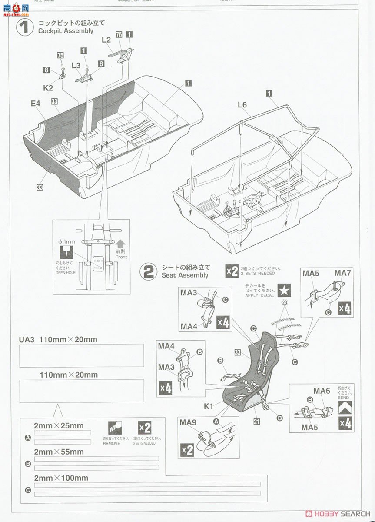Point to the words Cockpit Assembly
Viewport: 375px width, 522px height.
(66, 31)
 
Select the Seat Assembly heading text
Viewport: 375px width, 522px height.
(185, 275)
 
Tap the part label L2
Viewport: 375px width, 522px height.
(106, 40)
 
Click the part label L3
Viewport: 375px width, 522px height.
(76, 65)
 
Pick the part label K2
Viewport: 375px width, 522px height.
(48, 87)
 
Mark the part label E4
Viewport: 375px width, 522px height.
(35, 104)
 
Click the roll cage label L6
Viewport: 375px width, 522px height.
(242, 105)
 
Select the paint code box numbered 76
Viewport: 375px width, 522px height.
(119, 35)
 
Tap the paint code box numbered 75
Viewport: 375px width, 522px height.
(60, 55)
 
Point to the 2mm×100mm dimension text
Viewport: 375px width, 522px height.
(61, 478)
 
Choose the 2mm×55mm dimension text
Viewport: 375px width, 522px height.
(59, 452)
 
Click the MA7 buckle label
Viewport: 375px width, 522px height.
(342, 273)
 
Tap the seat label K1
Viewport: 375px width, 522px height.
(209, 406)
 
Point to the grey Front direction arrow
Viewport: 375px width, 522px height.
(121, 244)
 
